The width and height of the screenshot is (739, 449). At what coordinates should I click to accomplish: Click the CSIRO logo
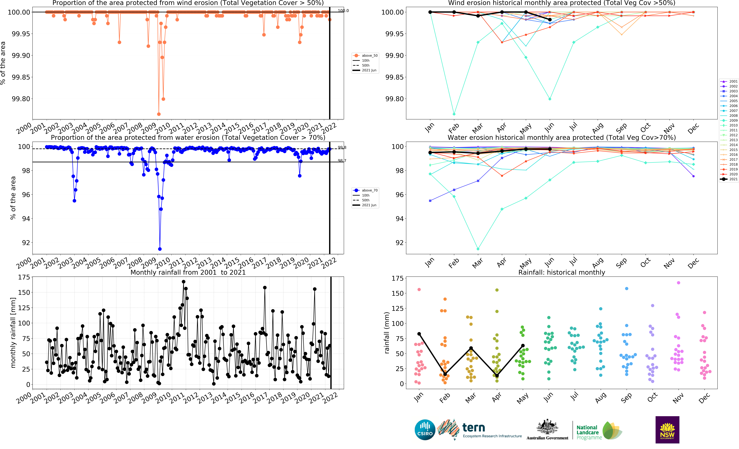pos(425,430)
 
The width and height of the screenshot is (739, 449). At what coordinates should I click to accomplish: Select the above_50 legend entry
pos(366,56)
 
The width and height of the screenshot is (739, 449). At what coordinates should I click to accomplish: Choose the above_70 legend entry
pos(366,190)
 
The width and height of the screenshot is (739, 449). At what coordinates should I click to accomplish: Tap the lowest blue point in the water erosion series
pos(160,249)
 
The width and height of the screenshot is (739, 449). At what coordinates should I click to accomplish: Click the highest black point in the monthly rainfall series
pos(184,282)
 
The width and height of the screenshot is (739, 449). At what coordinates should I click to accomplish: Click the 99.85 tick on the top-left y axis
pos(21,77)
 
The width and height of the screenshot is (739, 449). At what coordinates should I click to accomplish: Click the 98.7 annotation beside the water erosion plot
pos(342,161)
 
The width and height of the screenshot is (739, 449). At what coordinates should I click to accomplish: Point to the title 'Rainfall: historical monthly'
pos(561,272)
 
